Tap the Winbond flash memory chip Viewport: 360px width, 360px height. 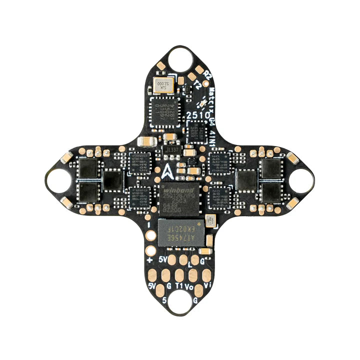click(x=179, y=197)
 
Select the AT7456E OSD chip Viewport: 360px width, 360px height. click(x=181, y=231)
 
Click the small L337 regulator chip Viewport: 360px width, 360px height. click(x=171, y=149)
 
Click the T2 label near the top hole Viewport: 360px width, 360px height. click(x=197, y=85)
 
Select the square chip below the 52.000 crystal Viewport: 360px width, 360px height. click(x=163, y=109)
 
